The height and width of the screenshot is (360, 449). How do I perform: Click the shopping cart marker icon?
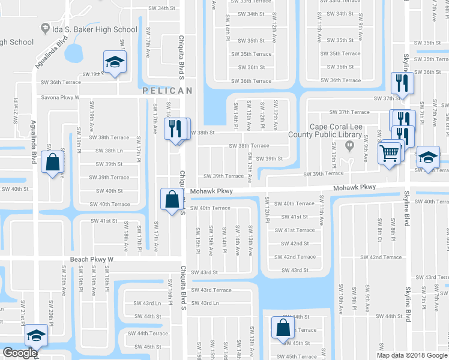(389, 154)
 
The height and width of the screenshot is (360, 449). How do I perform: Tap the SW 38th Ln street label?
(109, 151)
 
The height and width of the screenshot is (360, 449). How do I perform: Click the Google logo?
(19, 353)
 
